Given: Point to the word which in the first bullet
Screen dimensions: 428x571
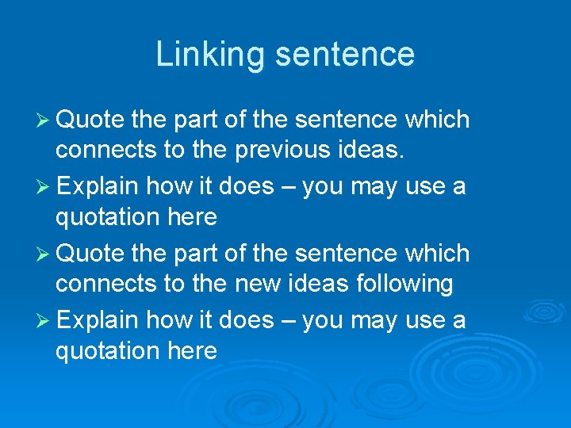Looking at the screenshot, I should coord(437,120).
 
